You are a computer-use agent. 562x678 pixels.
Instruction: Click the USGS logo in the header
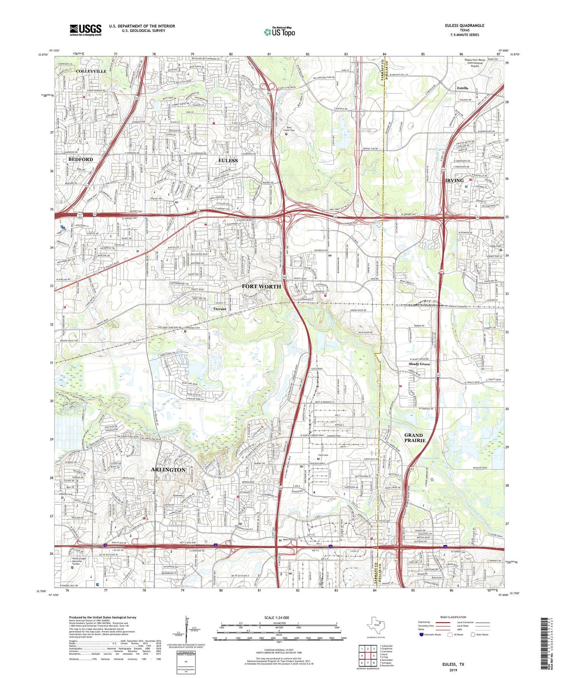(x=85, y=30)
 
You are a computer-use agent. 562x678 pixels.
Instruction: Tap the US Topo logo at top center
(x=279, y=32)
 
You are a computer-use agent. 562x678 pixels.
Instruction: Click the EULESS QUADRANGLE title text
(x=464, y=26)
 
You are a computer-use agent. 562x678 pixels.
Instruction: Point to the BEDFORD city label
(x=81, y=160)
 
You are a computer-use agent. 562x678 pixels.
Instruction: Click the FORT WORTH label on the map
(x=261, y=287)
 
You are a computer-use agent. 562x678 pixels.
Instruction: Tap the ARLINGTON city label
(x=168, y=469)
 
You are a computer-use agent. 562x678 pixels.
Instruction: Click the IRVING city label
(x=454, y=181)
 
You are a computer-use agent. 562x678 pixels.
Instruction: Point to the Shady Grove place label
(x=419, y=364)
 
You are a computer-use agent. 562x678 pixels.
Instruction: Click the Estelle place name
(x=462, y=88)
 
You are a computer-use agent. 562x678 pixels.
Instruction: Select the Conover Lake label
(x=434, y=458)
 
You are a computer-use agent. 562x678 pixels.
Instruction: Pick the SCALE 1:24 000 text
(x=277, y=618)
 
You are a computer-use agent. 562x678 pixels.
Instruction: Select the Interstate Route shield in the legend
(x=422, y=635)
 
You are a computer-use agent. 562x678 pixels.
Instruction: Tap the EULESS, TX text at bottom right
(x=453, y=664)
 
